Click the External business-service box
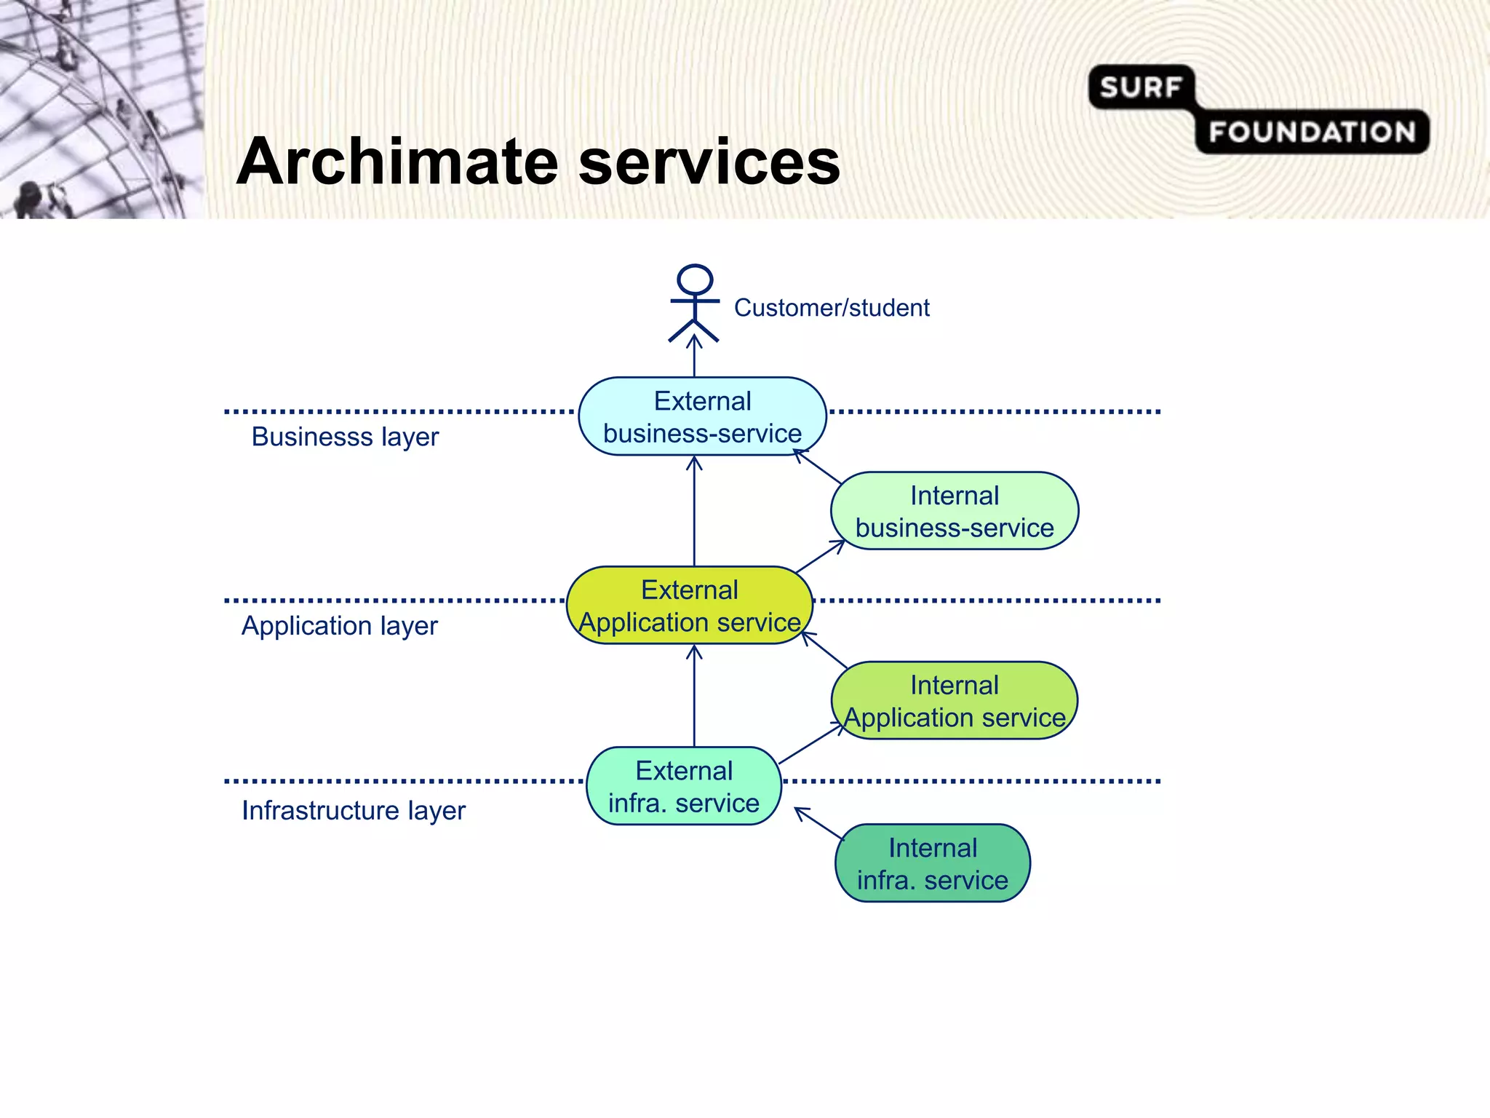(702, 416)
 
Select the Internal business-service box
(955, 511)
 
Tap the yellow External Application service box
(690, 606)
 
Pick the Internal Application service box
(955, 701)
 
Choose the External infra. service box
(684, 786)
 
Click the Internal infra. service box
(933, 863)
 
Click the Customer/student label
(832, 308)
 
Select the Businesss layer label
(345, 437)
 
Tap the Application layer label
(340, 626)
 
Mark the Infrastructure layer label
(354, 810)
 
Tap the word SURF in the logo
(1140, 88)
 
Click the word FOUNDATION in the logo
(1312, 132)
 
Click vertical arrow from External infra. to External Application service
(694, 696)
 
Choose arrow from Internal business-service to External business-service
(818, 467)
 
